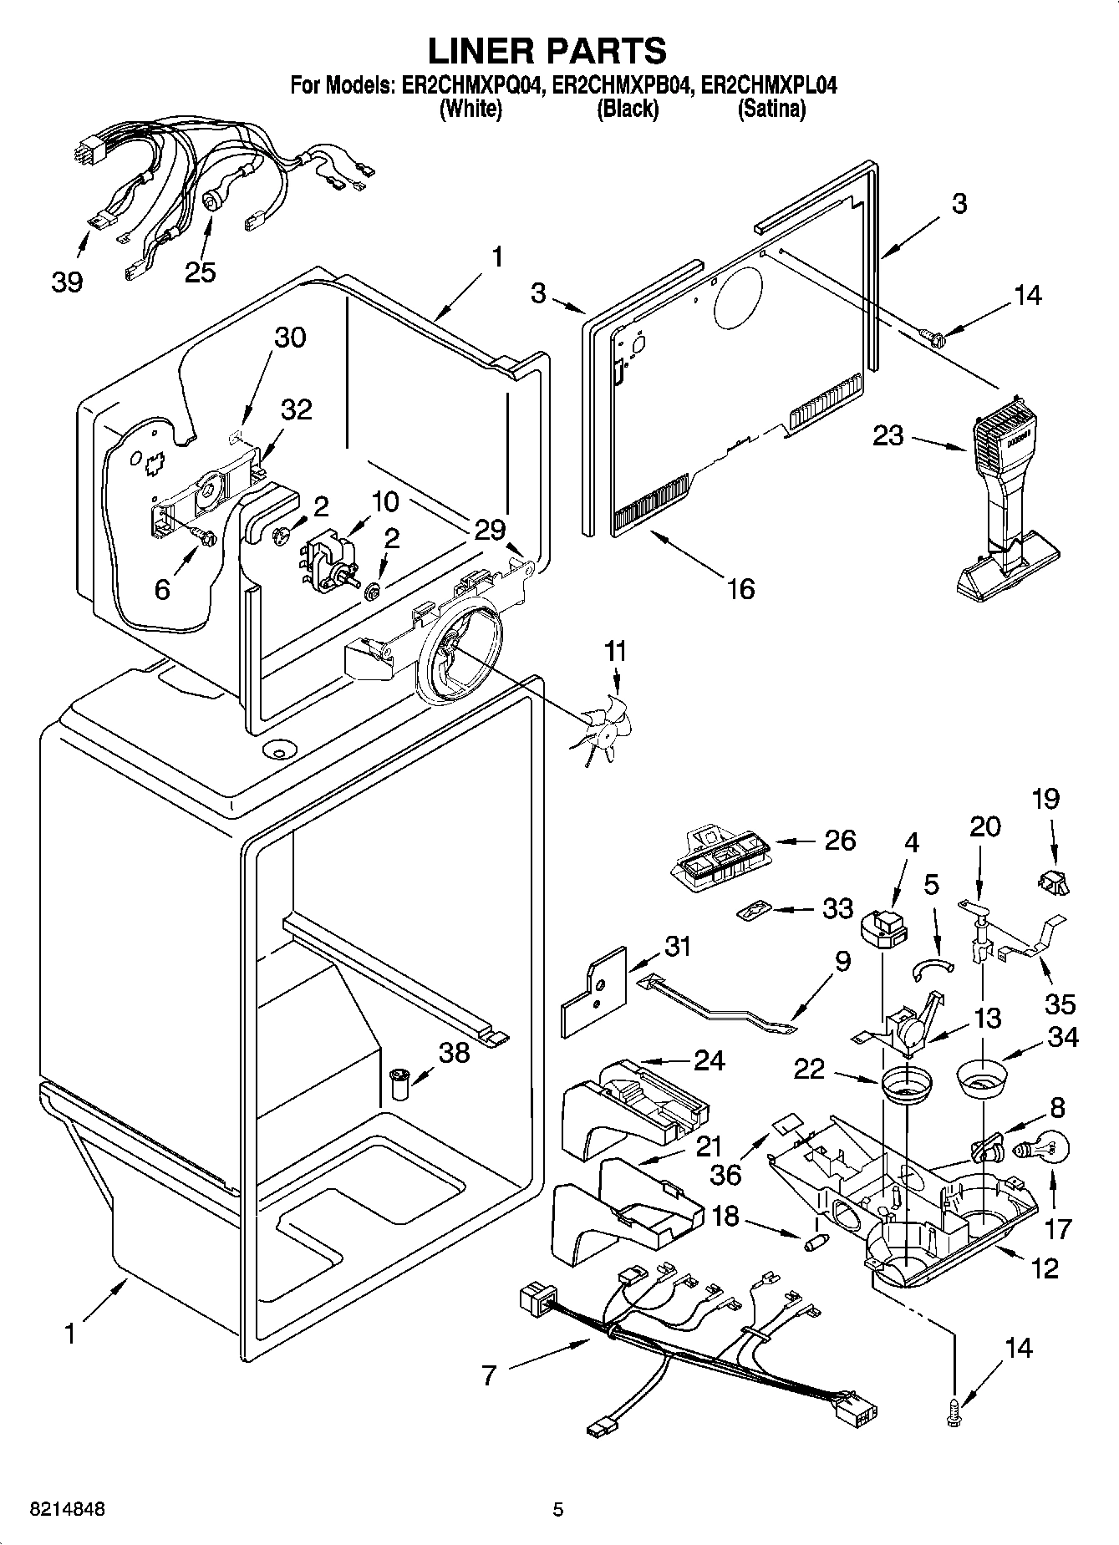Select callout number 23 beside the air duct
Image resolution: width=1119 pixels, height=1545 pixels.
coord(888,435)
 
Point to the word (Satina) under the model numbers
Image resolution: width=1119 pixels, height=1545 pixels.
coord(771,109)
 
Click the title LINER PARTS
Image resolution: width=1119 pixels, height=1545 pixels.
coord(547,50)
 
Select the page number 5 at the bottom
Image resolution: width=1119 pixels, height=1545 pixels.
coord(558,1509)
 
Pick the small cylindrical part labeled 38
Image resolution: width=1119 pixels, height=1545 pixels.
coord(397,1085)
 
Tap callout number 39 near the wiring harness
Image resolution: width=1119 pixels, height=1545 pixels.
coord(67,282)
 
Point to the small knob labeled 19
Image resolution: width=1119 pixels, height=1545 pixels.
coord(1051,880)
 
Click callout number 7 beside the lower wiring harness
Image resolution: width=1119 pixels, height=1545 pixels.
coord(490,1375)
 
